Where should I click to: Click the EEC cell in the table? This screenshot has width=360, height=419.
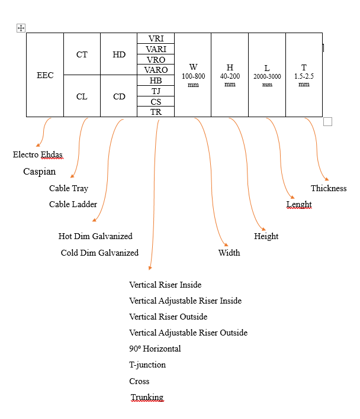[45, 75]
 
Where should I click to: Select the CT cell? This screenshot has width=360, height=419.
[82, 54]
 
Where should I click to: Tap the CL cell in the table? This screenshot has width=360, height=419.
[82, 96]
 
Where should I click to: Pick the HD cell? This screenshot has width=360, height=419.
[118, 54]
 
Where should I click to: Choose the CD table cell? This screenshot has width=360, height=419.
[118, 96]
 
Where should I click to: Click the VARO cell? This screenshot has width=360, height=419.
[156, 70]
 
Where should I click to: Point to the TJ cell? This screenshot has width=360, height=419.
[156, 91]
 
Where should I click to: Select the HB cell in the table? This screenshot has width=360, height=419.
[156, 80]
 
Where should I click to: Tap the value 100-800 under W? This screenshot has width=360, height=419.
[193, 76]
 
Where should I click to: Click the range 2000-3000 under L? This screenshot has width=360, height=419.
[267, 76]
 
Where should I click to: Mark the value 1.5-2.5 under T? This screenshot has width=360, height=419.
[304, 76]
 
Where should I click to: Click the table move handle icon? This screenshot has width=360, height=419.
[21, 28]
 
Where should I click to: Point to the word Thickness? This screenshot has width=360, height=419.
[329, 188]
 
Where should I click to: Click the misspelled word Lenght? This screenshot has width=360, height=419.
[299, 204]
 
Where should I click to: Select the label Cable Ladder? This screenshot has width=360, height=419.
[73, 204]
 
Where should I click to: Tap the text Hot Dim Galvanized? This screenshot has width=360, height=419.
[95, 236]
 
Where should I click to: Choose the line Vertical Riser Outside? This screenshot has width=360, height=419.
[168, 317]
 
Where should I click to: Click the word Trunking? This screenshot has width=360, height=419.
[147, 397]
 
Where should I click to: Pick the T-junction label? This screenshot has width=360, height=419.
[147, 365]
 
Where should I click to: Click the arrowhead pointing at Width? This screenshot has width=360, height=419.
[226, 244]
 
